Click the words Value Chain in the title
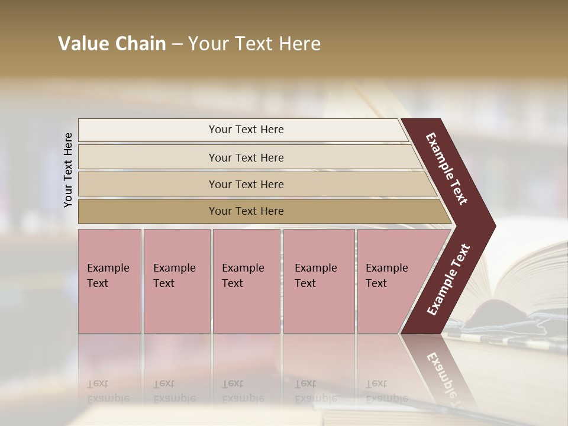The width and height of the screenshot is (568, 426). point(112,44)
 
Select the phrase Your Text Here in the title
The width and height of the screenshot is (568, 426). point(254,44)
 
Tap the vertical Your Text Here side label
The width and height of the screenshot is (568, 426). point(68,170)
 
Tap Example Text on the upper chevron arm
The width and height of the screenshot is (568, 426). point(447,169)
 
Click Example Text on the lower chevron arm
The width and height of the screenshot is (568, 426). point(448,280)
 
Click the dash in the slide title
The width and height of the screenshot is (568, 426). point(177,44)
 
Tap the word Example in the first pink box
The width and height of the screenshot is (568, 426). point(108,268)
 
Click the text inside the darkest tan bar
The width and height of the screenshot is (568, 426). point(246,211)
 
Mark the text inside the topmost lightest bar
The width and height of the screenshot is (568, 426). point(246,130)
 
